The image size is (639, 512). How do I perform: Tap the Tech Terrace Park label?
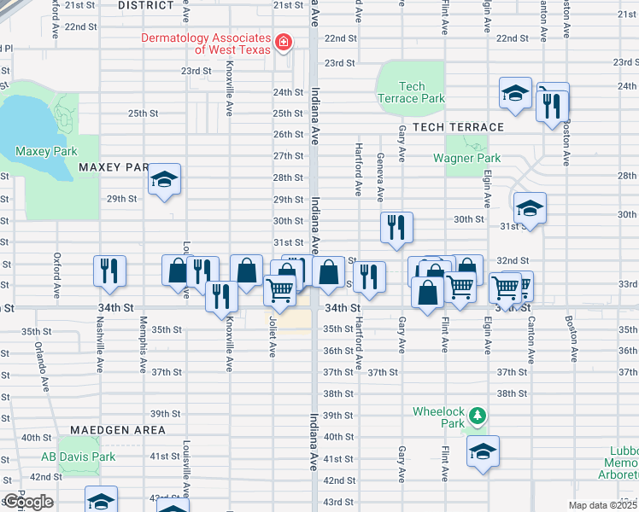(411, 92)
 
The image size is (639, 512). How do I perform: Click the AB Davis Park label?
(78, 457)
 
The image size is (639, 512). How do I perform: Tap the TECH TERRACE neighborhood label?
(458, 126)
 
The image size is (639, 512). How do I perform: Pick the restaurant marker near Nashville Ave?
(109, 271)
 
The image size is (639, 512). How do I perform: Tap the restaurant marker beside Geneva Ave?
(396, 228)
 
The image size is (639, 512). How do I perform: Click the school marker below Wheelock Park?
(483, 451)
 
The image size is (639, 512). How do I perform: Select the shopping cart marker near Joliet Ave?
(281, 292)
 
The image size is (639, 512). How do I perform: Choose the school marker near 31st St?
(530, 209)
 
